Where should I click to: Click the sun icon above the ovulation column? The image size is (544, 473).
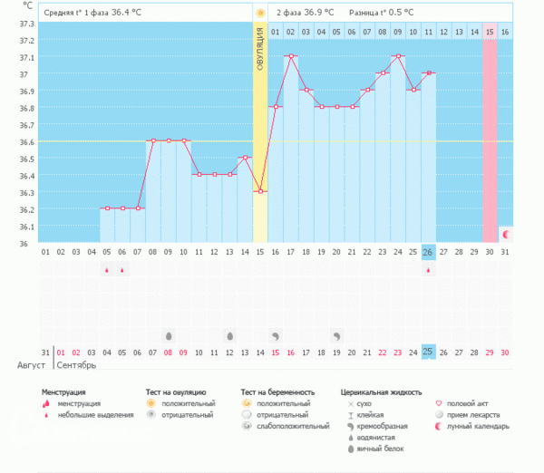260,13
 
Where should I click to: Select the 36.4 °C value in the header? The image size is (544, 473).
127,13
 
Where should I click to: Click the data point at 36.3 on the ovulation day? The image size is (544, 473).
260,191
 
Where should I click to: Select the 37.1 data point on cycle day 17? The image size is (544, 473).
291,56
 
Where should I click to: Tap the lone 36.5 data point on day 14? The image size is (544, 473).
245,158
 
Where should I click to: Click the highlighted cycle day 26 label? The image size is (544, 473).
429,251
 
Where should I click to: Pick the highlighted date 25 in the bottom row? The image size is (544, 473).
429,352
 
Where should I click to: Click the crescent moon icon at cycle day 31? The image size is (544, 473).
506,234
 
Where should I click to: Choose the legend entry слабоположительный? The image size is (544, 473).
294,425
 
